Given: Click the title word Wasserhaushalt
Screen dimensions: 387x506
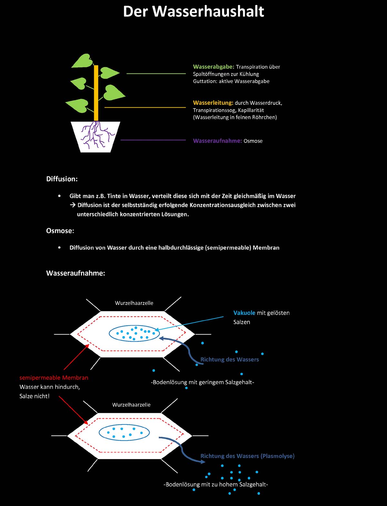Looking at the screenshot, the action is [x=208, y=11].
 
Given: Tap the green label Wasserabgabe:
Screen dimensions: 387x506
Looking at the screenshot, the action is [x=213, y=67].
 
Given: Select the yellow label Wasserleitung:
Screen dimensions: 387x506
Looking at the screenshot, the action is [x=213, y=103].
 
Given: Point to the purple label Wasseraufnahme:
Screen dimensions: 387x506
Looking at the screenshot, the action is [x=217, y=141].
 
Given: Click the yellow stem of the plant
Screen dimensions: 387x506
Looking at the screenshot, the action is [x=96, y=93].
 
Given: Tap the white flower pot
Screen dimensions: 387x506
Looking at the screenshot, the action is [x=95, y=137].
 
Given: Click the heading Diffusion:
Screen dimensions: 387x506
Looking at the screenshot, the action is [x=62, y=179].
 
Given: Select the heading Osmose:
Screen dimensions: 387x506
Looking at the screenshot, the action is [x=60, y=231].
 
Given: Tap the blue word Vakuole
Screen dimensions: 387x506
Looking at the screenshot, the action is [x=244, y=313].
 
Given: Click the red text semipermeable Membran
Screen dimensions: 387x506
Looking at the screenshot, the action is [x=54, y=378].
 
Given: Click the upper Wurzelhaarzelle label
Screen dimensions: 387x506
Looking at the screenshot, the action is [x=134, y=303].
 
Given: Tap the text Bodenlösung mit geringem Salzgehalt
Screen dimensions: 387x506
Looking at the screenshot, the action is [x=203, y=382].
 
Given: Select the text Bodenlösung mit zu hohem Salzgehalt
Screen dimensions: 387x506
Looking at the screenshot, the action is [x=216, y=484].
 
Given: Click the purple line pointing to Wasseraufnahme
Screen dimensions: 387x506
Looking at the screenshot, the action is [x=153, y=140].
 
